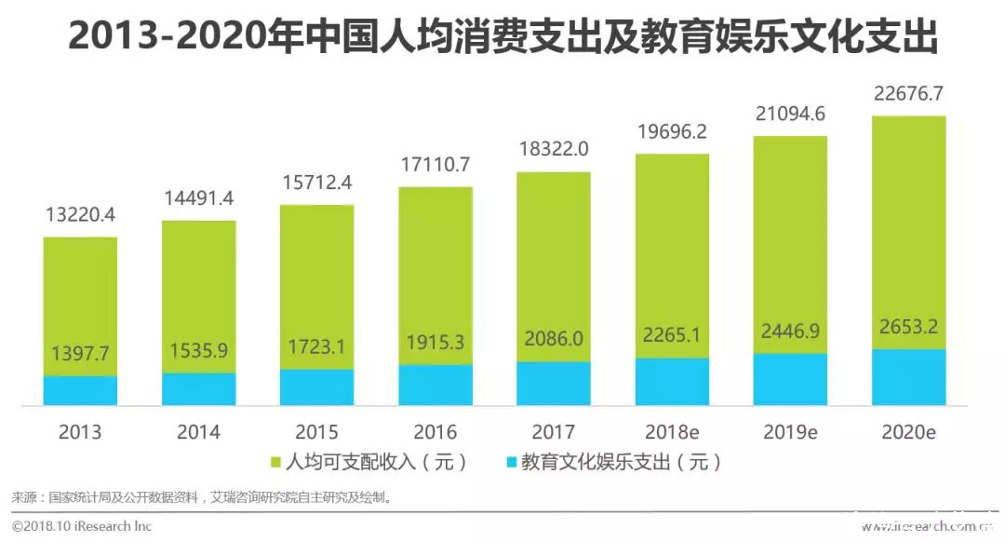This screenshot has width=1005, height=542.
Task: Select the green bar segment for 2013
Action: [x=80, y=298]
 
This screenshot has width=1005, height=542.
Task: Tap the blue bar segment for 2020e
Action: [x=908, y=378]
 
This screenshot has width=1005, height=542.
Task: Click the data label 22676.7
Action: [x=908, y=94]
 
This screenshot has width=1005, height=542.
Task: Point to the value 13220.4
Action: [x=80, y=215]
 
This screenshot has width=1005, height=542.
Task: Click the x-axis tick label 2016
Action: [x=435, y=432]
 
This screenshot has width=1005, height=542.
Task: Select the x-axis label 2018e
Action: [x=672, y=432]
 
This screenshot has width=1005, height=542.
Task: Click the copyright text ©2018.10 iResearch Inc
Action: [x=82, y=526]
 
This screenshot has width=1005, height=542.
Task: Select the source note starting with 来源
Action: [x=200, y=497]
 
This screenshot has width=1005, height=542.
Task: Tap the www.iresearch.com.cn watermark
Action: [x=926, y=527]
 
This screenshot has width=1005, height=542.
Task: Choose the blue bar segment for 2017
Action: [x=553, y=384]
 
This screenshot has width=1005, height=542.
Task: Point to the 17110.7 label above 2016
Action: [x=435, y=165]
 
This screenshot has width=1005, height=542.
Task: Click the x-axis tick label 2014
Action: [x=198, y=432]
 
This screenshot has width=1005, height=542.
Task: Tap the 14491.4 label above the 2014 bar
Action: [x=198, y=198]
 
